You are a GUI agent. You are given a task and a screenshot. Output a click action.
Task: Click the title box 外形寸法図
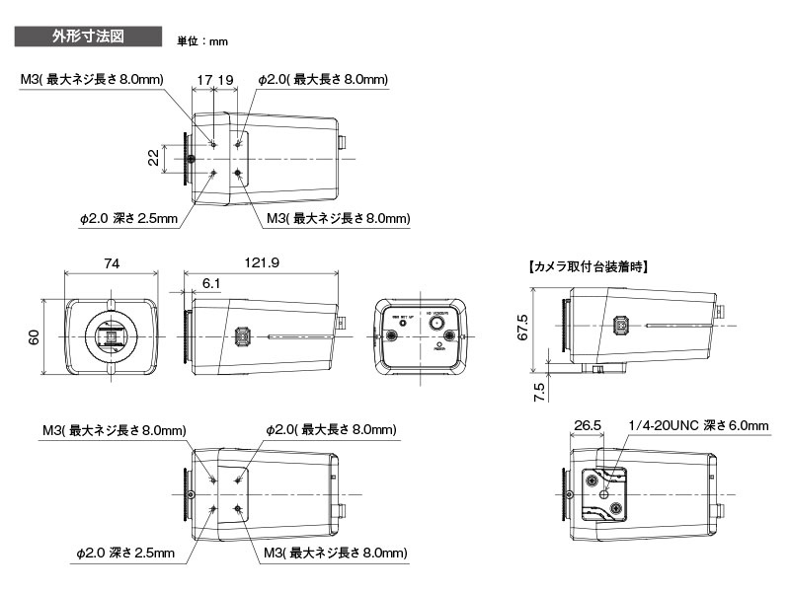[87, 37]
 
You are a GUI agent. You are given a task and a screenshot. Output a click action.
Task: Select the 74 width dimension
[111, 263]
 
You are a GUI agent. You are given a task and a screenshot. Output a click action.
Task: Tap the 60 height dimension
[36, 337]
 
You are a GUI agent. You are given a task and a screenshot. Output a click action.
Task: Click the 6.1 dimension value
[211, 283]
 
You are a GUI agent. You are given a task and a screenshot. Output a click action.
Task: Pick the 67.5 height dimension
[523, 325]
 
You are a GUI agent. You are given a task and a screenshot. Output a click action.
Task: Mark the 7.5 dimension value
[539, 391]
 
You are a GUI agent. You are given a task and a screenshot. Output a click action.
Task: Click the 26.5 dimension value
[587, 425]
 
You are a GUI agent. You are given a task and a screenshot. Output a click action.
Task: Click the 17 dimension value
[204, 79]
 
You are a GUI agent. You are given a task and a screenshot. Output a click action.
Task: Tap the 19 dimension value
[225, 79]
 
